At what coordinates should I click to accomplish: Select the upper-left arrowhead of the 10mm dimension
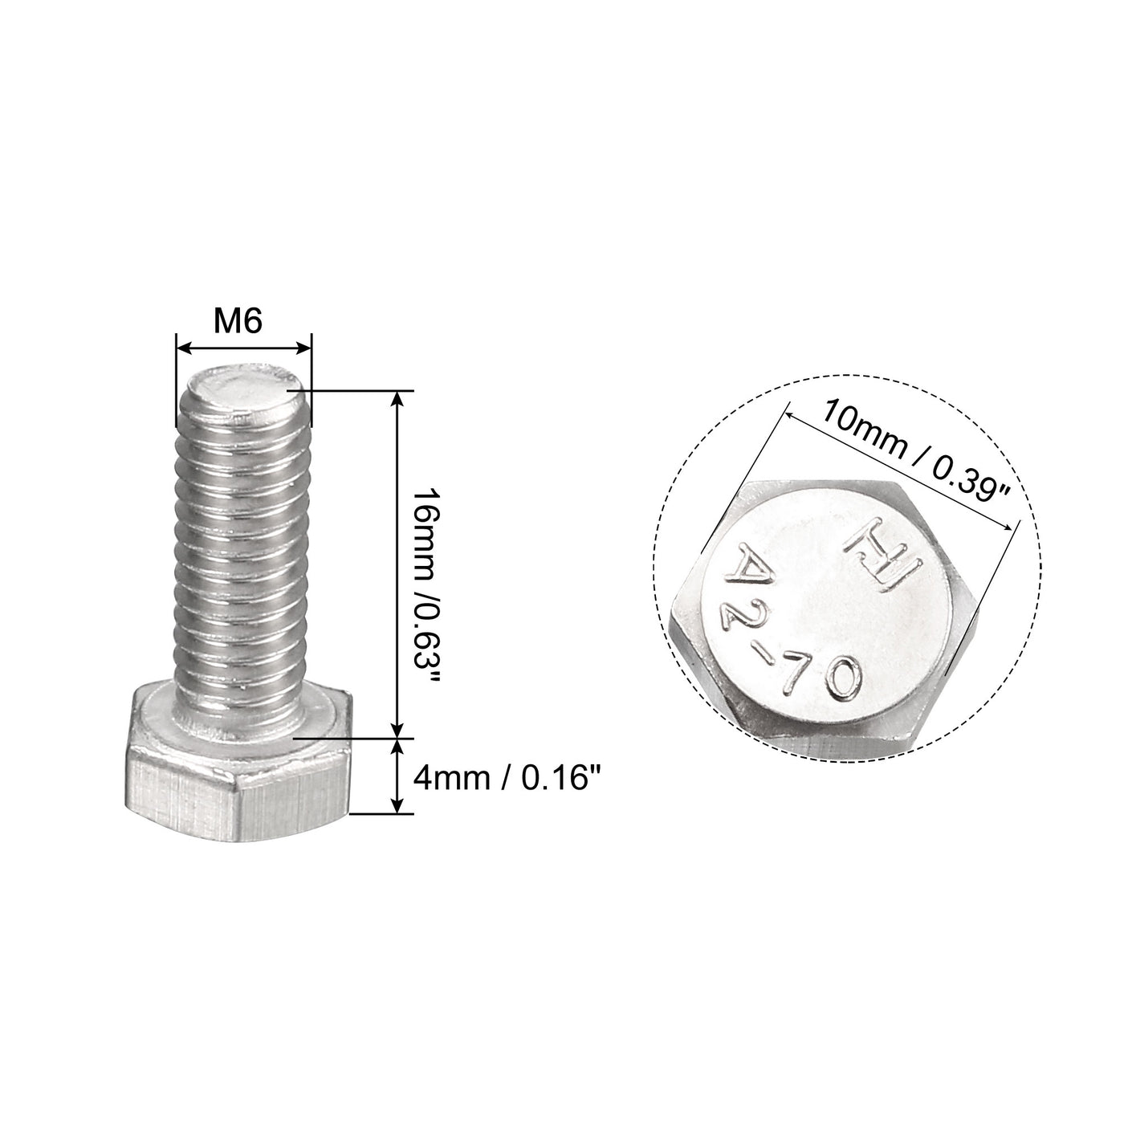790,416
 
